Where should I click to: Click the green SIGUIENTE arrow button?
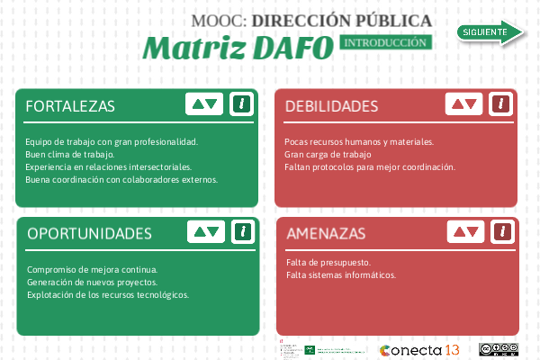490,32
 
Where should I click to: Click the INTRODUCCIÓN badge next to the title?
385,42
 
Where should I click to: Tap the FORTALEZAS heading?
70,106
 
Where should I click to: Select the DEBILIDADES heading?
331,106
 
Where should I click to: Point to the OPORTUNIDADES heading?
88,233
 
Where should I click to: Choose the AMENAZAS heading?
326,234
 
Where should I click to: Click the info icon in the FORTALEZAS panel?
240,103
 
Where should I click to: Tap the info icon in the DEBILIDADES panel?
499,103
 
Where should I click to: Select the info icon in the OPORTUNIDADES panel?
241,231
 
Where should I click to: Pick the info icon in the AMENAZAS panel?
500,231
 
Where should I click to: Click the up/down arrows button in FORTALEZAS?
203,103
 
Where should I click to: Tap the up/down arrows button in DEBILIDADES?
463,103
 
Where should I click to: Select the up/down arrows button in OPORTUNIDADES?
205,231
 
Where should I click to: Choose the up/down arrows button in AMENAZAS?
464,231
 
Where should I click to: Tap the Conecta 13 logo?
419,350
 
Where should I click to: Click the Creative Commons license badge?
499,350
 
